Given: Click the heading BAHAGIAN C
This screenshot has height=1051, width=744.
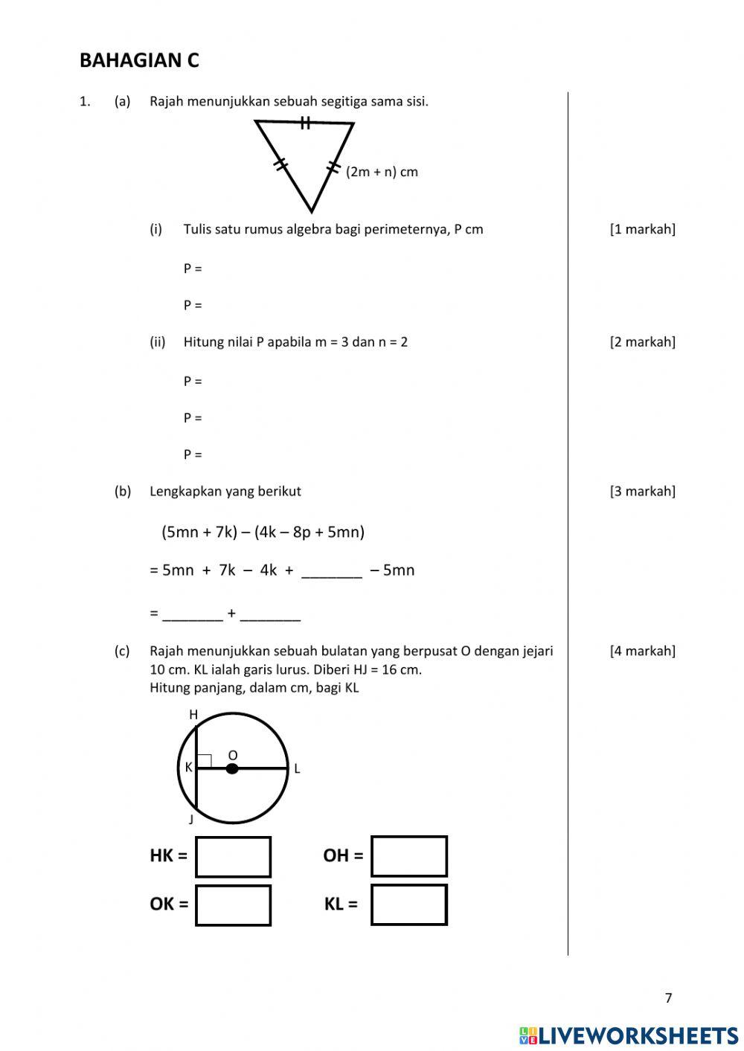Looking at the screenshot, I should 139,60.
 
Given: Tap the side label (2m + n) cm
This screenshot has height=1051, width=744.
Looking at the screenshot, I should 382,172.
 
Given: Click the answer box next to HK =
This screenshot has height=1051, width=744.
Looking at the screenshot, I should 233,857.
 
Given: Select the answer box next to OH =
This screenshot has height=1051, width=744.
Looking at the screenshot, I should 409,856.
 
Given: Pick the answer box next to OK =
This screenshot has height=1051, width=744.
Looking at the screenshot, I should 233,905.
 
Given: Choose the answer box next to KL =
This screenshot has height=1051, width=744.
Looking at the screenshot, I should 409,904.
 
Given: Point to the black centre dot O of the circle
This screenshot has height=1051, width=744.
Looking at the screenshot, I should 232,768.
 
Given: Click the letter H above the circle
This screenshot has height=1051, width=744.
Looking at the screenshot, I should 193,715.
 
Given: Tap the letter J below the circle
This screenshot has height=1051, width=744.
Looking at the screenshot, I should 191,820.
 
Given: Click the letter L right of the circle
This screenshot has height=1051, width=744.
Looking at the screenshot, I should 297,769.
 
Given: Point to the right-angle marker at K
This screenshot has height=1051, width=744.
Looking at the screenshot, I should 205,761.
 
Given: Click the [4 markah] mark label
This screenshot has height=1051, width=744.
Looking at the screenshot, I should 642,652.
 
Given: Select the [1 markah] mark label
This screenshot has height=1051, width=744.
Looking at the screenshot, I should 642,229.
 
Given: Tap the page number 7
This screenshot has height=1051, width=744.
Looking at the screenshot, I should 668,998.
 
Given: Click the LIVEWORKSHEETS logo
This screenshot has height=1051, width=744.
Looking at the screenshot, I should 629,1035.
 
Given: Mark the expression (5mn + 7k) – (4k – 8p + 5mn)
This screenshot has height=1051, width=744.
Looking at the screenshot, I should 263,532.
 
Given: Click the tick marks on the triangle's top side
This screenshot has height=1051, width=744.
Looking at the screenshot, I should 305,123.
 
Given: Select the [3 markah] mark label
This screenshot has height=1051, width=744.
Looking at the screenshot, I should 642,492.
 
